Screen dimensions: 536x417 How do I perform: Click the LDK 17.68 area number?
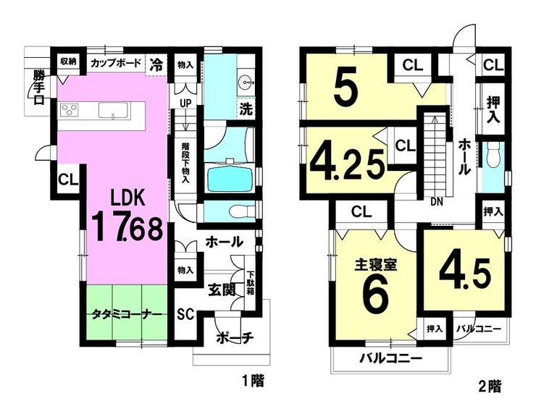point(127,227)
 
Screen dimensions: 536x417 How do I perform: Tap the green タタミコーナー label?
point(126,313)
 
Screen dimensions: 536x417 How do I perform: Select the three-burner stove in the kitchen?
point(70,111)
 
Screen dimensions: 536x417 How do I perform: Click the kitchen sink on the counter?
point(113,111)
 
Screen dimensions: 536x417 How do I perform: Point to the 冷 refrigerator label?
point(157,64)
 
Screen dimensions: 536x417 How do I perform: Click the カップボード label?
point(116,63)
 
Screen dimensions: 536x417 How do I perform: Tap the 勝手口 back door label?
point(39,88)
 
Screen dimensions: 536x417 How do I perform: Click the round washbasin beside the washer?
point(246,82)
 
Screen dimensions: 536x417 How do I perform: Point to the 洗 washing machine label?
point(246,109)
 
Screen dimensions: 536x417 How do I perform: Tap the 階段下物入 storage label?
point(185,162)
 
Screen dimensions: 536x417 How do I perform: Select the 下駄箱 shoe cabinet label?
point(251,283)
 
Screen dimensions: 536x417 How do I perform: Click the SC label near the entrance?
point(185,313)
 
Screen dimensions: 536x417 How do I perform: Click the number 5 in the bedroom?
point(346,87)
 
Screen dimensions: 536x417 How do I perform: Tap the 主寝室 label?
point(375,265)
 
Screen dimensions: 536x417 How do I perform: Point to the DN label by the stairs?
point(437,202)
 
